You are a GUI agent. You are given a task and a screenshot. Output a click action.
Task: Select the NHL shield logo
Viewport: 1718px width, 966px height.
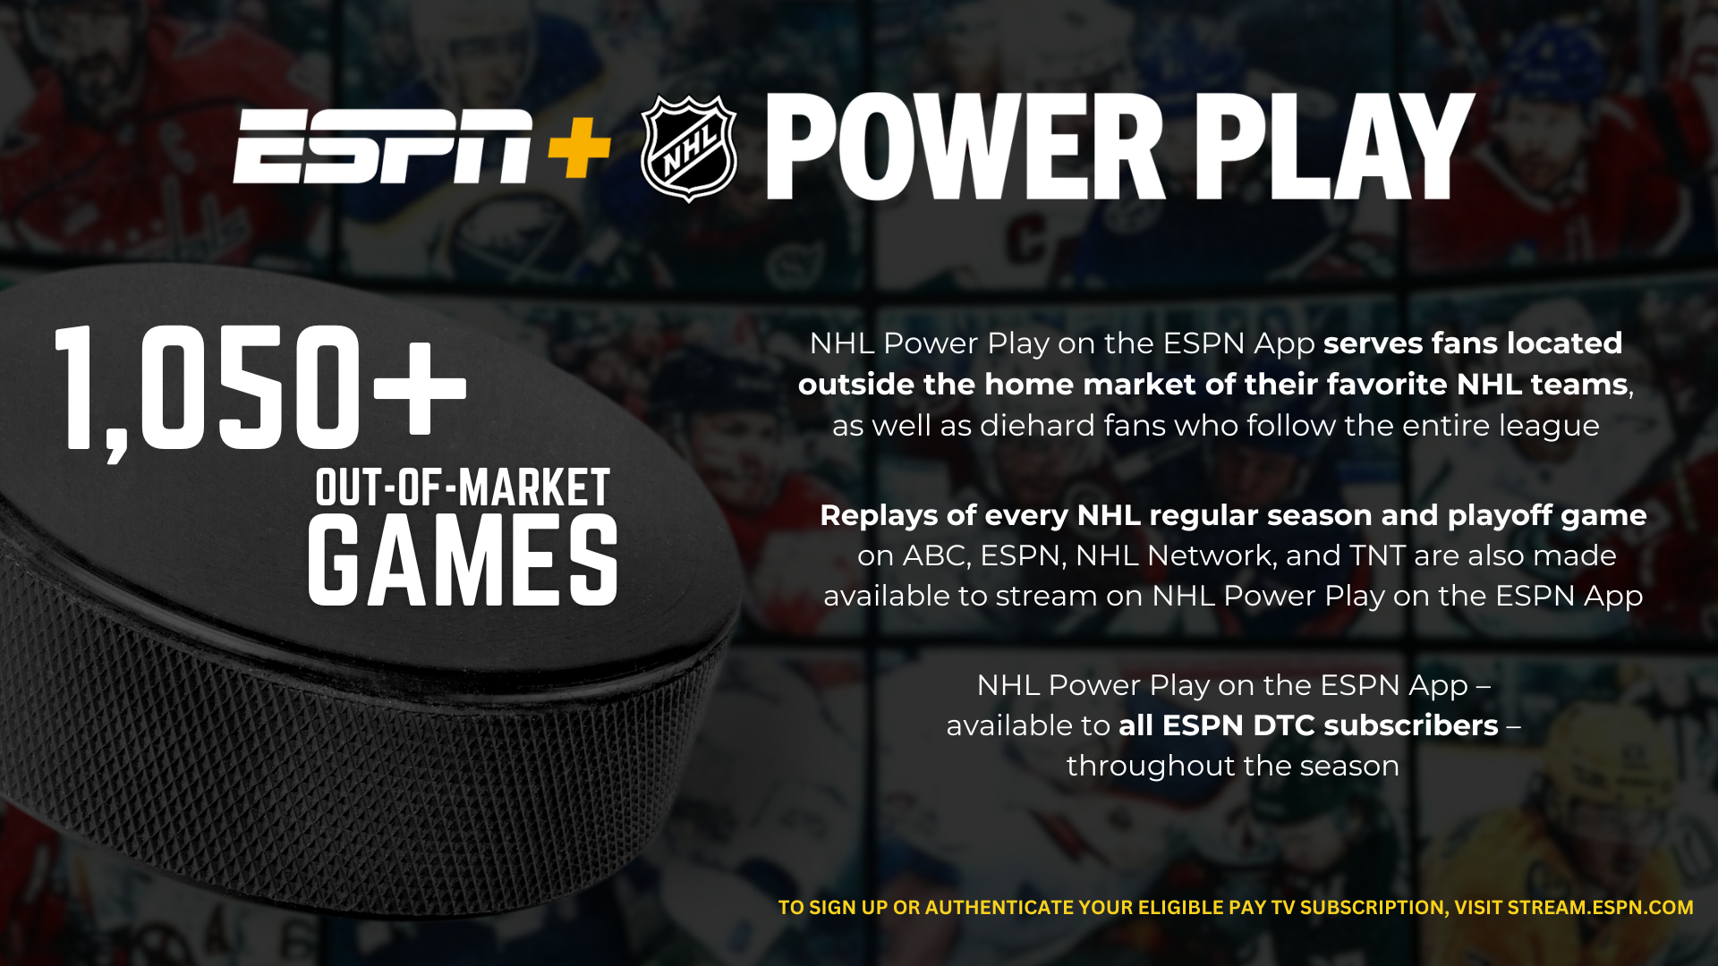point(689,148)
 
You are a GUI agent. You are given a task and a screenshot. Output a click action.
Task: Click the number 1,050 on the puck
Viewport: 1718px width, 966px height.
point(208,389)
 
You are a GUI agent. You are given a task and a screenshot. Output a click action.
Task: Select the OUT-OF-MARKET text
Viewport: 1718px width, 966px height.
point(463,487)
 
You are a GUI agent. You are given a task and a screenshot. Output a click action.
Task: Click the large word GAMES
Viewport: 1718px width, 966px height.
point(463,561)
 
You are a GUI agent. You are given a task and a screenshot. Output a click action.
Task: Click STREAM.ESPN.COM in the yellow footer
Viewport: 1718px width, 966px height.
point(1600,908)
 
